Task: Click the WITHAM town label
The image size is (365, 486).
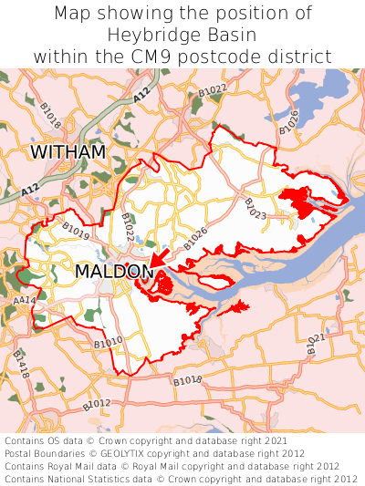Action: click(x=68, y=151)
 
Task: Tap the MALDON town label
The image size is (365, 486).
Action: click(x=114, y=272)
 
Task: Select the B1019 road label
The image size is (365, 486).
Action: click(x=76, y=228)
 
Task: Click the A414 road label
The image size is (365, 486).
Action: click(x=24, y=300)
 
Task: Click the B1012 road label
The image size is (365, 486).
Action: click(x=96, y=403)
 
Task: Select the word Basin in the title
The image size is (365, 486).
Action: click(x=230, y=35)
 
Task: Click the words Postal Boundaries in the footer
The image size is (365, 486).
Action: click(x=47, y=453)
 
